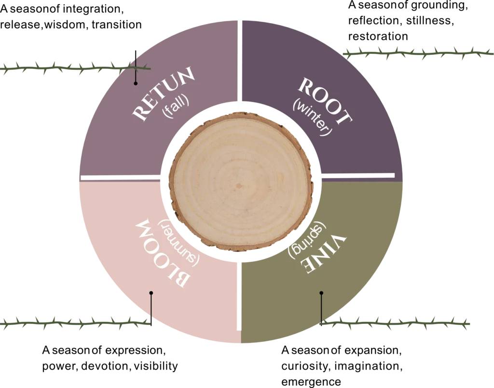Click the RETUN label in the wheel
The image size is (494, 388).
tap(163, 93)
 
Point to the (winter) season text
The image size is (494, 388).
tap(312, 117)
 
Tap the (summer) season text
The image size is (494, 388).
tap(178, 243)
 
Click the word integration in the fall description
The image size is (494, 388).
tap(93, 9)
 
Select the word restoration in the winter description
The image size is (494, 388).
tap(378, 36)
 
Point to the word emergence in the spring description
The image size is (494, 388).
tap(311, 382)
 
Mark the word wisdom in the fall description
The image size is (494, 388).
tap(65, 25)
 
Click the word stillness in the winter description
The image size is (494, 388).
tap(430, 20)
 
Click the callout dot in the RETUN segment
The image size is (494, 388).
tap(136, 83)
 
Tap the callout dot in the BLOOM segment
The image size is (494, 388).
tap(151, 293)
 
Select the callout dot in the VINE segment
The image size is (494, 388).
tap(321, 293)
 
